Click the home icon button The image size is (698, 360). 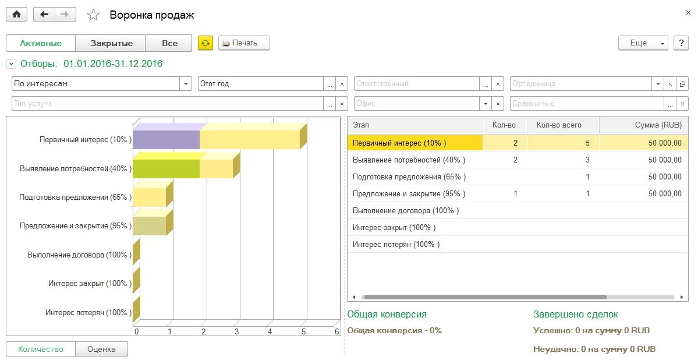tap(16, 15)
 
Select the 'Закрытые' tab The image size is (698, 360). tap(112, 43)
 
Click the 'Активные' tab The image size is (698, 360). tap(41, 43)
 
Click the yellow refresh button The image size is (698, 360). tap(205, 43)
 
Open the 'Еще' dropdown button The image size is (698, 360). tap(643, 43)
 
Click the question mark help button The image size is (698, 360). tap(681, 43)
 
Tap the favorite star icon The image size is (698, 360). tap(93, 15)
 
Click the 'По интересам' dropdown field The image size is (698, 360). tap(96, 84)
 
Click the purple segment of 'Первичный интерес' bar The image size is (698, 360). tap(166, 140)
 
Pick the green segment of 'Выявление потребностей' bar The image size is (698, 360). tap(166, 168)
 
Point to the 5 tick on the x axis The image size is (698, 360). tap(303, 331)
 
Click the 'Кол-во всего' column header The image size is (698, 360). tap(559, 125)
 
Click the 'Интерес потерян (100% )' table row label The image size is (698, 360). tap(396, 245)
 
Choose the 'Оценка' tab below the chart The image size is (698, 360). tap(101, 350)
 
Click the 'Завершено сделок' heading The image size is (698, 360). tap(575, 315)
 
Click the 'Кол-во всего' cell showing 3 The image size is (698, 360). tap(587, 160)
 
